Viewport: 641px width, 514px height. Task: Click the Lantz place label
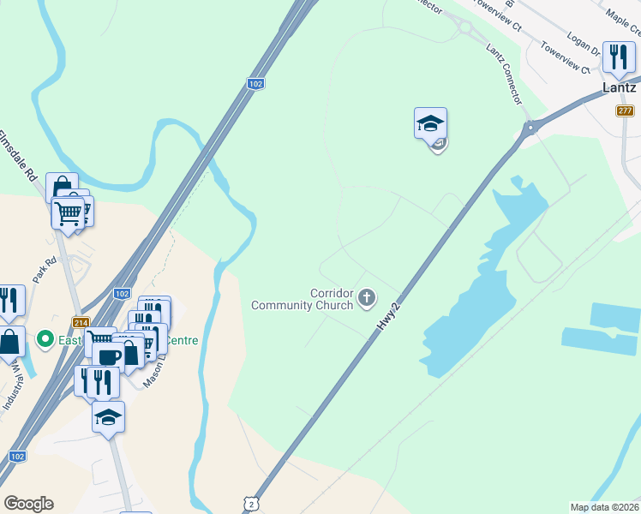619,87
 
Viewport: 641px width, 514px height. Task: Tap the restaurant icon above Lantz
618,57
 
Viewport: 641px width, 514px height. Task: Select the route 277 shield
624,111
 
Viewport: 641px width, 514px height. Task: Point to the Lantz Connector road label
503,75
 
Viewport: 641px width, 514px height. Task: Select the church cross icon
367,298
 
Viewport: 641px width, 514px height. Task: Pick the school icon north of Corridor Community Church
430,123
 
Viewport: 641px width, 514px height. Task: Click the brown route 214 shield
81,322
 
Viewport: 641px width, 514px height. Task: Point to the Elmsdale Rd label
18,155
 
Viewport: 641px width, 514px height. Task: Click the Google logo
28,504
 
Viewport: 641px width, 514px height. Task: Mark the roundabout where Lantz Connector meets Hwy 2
529,128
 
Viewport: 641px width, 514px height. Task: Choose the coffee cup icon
110,356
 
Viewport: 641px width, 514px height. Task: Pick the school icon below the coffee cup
108,417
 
